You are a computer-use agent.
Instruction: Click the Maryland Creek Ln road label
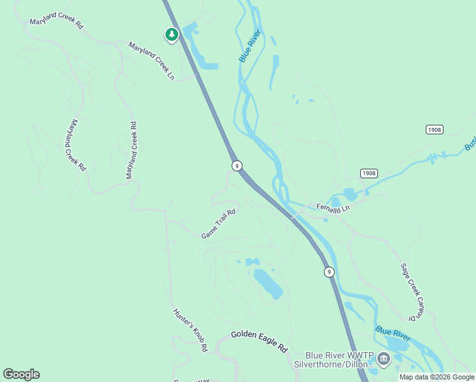(x=151, y=61)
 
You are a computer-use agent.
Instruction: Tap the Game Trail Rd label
(x=219, y=224)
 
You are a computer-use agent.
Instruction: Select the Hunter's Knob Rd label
(x=190, y=330)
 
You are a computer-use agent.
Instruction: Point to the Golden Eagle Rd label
(x=260, y=341)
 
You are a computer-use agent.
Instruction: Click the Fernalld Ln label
(x=333, y=208)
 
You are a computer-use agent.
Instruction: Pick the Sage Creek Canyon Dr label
(x=410, y=292)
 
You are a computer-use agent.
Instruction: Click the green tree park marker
(x=171, y=34)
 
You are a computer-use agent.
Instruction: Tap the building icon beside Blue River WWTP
(x=383, y=359)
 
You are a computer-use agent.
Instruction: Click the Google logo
(x=21, y=374)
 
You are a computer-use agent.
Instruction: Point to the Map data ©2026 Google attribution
(x=437, y=377)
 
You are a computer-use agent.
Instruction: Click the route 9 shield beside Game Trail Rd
(x=237, y=166)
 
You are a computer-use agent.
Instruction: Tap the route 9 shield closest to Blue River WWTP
(x=328, y=272)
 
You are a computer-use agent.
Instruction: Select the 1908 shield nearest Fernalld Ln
(x=369, y=173)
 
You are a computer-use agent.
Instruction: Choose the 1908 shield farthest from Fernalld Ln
(x=435, y=130)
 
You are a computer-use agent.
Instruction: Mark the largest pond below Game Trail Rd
(x=268, y=284)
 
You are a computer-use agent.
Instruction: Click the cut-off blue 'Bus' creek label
(x=470, y=146)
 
